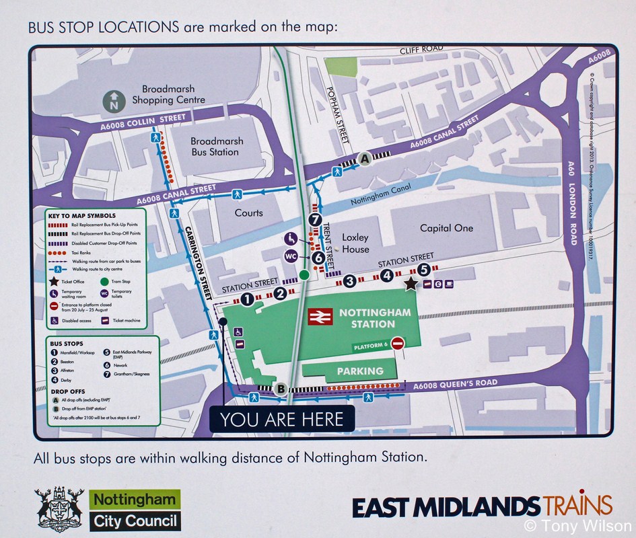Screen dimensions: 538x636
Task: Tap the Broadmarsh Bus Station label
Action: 215,147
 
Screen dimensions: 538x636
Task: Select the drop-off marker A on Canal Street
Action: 365,159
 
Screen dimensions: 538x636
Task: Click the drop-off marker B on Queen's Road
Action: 281,388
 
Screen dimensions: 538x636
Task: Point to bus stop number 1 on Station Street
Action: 247,299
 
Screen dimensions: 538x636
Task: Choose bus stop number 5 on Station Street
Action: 423,270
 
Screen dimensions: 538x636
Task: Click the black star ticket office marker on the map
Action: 411,284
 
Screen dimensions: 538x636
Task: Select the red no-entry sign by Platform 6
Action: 398,344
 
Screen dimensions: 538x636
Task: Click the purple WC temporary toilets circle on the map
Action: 291,256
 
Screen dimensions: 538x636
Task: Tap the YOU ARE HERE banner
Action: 281,420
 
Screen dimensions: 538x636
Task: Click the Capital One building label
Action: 446,228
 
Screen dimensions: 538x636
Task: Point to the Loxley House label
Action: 356,243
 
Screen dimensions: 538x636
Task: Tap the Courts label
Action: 248,213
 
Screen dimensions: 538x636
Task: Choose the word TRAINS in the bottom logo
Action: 577,504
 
